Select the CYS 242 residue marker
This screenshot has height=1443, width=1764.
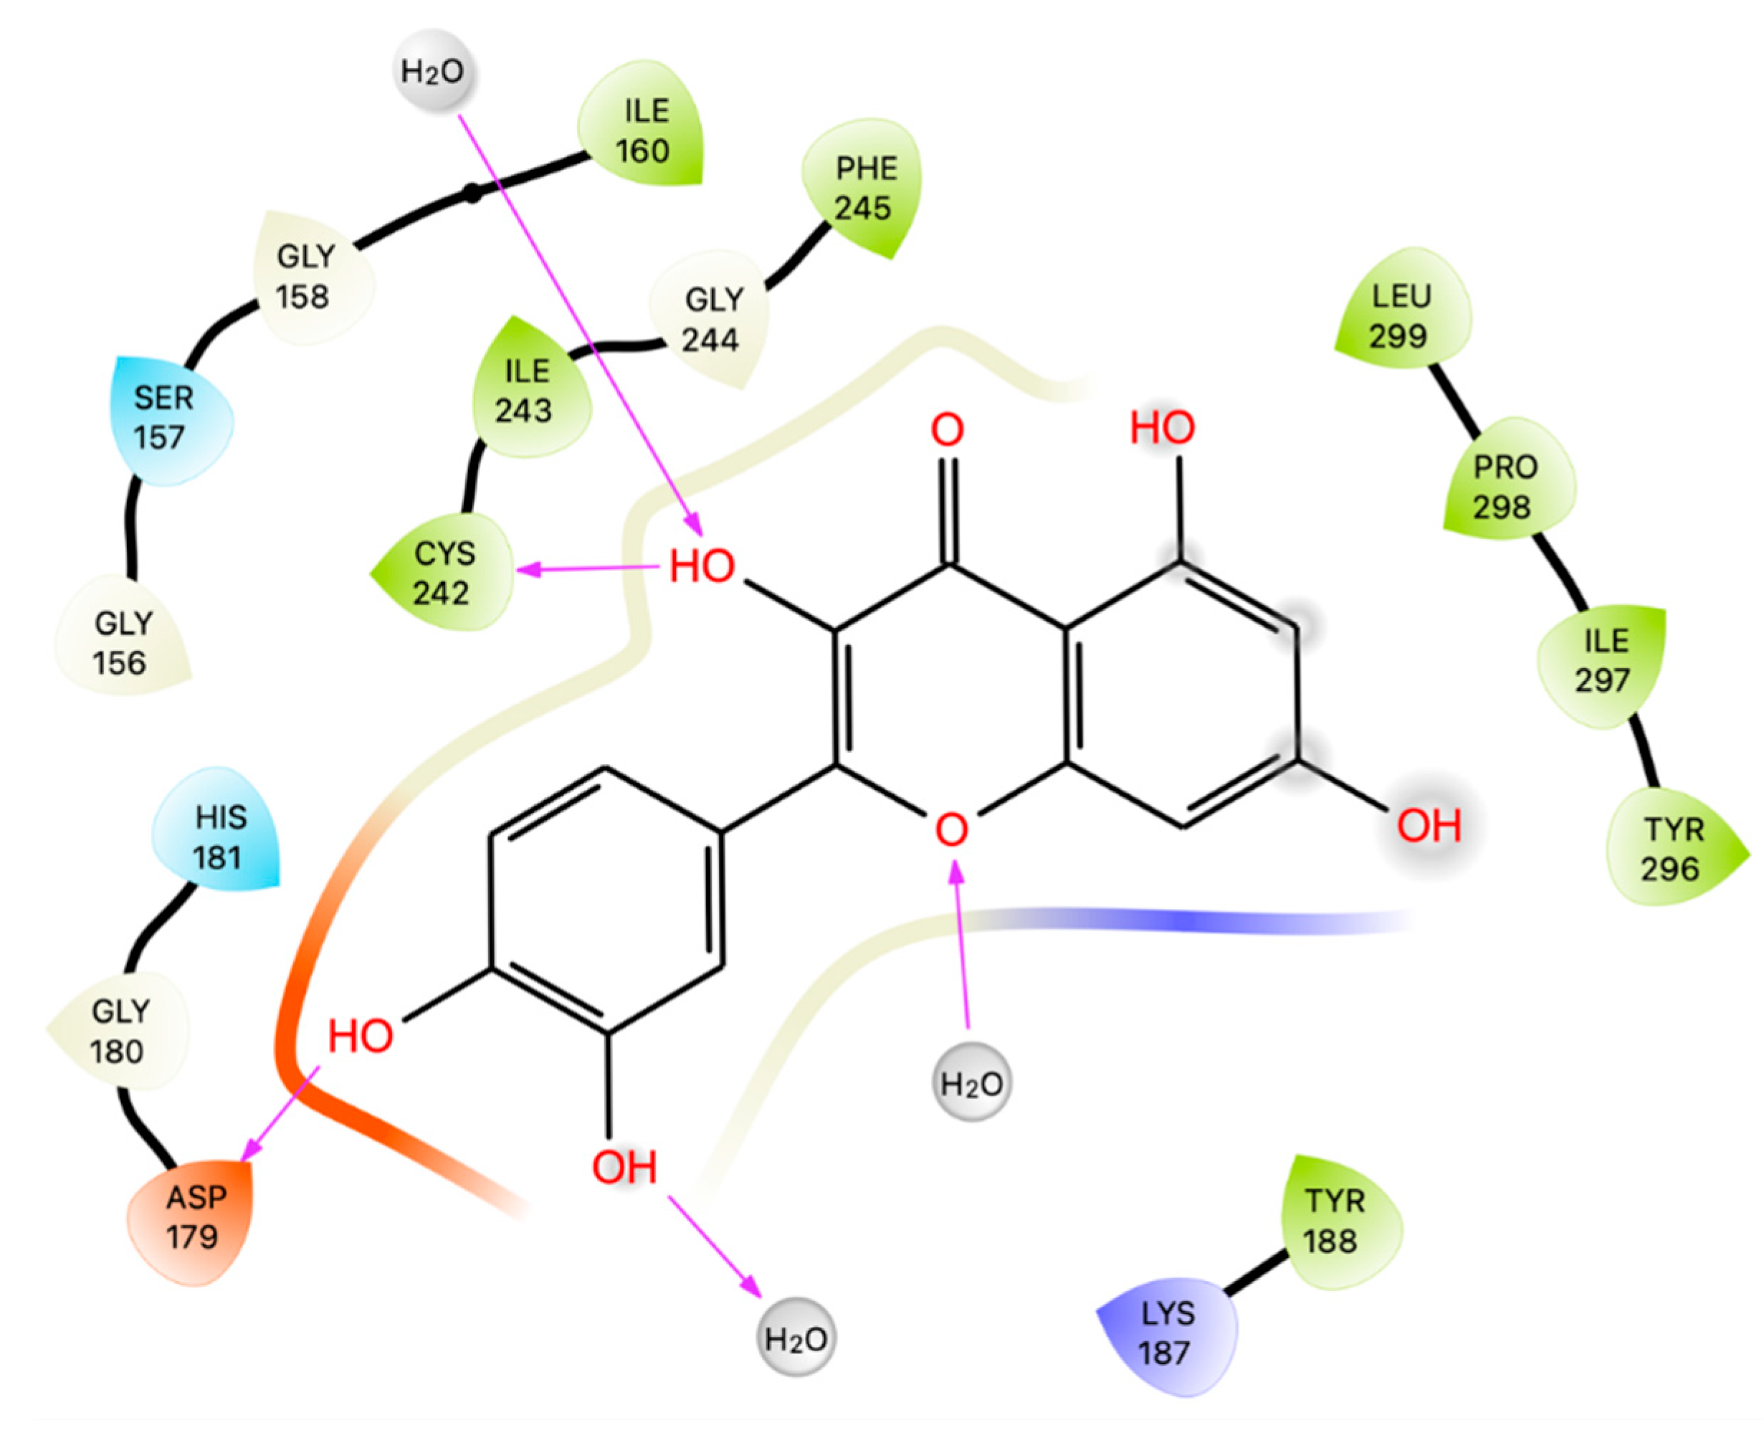tap(443, 573)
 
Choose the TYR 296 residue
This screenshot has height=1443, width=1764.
tap(1672, 849)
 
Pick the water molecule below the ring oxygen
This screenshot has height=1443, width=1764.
tap(971, 1083)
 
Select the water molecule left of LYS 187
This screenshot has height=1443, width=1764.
tap(796, 1338)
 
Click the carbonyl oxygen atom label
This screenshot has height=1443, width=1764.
tap(947, 431)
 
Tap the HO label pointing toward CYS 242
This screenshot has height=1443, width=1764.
tap(702, 567)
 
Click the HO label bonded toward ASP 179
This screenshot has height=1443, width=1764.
tap(360, 1037)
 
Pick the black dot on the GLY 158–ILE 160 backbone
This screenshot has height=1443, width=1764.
tap(472, 194)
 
